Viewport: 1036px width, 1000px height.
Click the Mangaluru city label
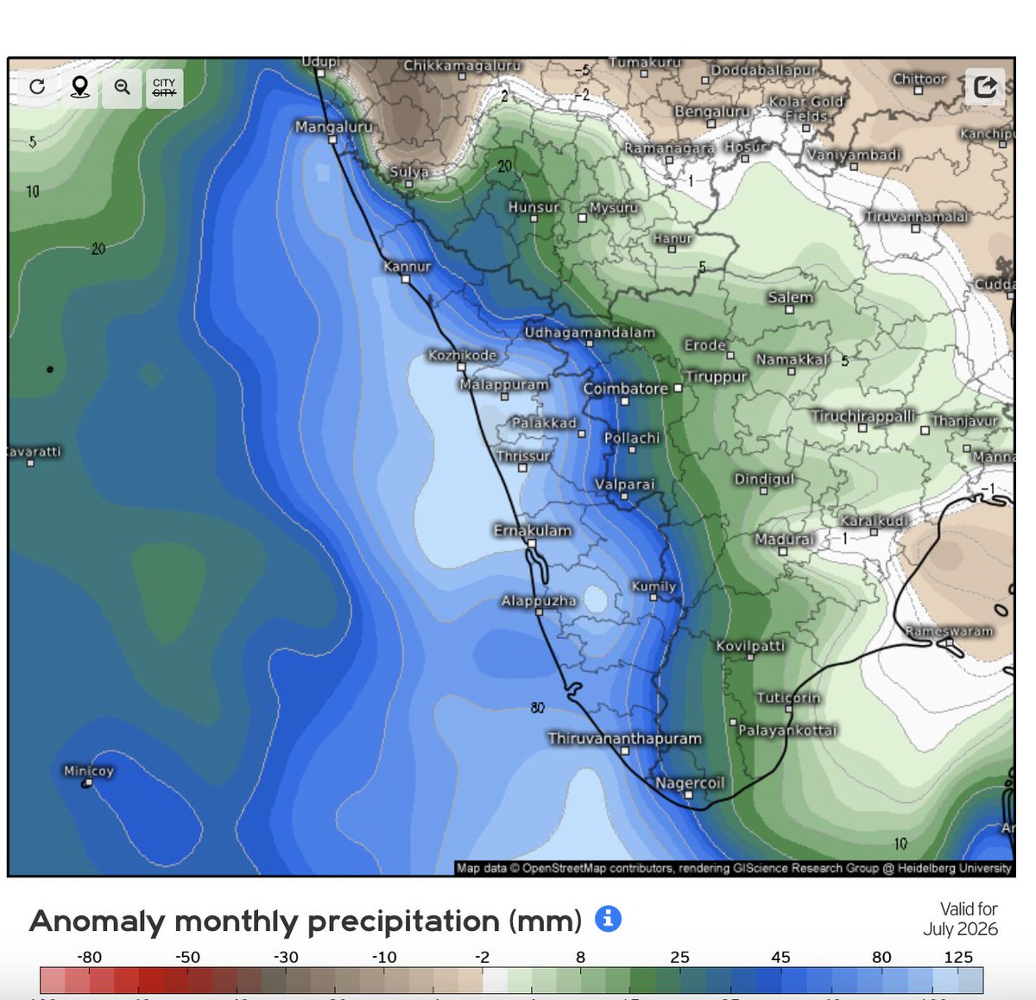coord(333,127)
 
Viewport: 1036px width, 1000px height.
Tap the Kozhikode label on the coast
coord(463,355)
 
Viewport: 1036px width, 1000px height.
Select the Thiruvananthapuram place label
coord(624,738)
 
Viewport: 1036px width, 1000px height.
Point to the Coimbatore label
coord(625,389)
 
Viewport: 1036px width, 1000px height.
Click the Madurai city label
coord(784,539)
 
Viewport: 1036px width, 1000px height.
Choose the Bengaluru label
coord(712,111)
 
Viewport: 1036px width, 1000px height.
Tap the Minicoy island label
coord(88,770)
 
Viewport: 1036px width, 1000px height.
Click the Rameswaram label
coord(949,631)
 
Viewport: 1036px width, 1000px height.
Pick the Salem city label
coord(790,297)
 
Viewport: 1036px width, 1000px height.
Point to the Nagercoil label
coord(690,783)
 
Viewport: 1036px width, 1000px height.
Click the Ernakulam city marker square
coord(532,544)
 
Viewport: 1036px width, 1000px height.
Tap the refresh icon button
coord(37,87)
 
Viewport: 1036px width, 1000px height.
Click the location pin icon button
coord(79,87)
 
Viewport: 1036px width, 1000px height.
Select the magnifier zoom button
coord(122,87)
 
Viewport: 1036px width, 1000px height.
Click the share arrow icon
coord(985,86)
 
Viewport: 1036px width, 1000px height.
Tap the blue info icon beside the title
coord(608,918)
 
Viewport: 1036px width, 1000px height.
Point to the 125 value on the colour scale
coord(958,957)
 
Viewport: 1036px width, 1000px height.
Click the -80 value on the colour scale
coord(89,957)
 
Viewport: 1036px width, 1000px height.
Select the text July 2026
coord(960,929)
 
